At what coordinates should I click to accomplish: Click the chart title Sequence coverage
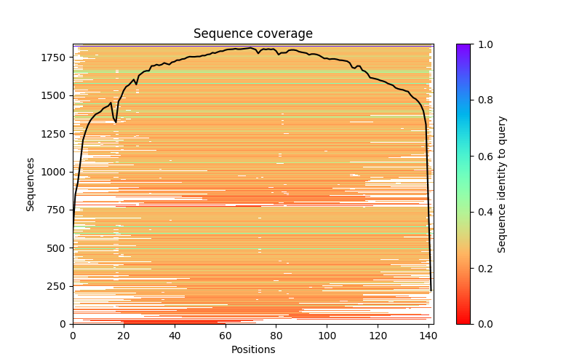click(x=252, y=34)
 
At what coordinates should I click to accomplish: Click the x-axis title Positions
click(x=252, y=349)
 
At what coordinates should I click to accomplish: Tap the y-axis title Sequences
click(x=31, y=183)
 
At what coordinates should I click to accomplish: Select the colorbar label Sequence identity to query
click(x=502, y=183)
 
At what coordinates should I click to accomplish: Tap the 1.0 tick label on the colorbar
click(x=484, y=44)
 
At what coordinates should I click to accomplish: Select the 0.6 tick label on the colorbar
click(x=484, y=157)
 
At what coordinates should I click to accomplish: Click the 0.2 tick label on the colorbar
click(x=484, y=268)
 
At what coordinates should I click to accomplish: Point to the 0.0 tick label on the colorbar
click(x=484, y=324)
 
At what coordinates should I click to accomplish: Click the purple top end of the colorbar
click(x=463, y=47)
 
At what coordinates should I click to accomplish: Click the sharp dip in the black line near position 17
click(x=116, y=121)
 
